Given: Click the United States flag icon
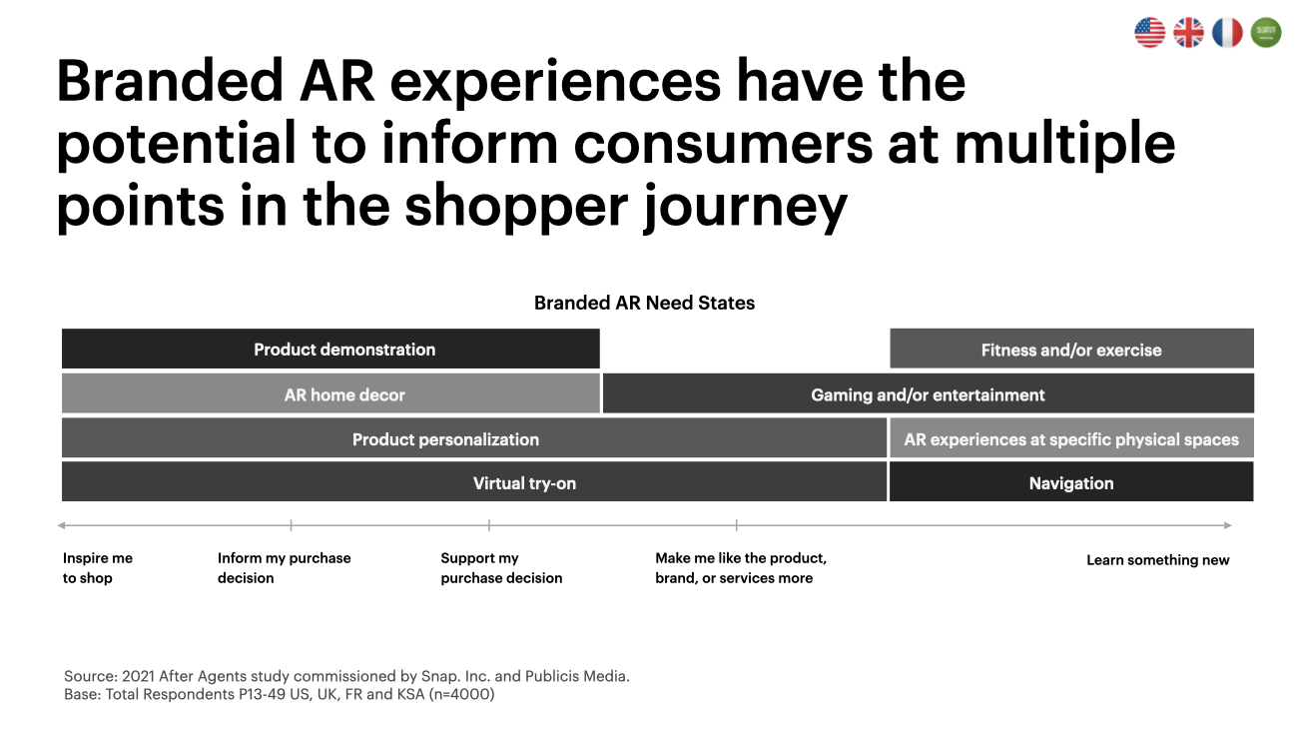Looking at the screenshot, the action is (x=1149, y=32).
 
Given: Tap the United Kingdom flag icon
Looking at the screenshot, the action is (x=1188, y=32).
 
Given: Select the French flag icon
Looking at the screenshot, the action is (x=1227, y=32).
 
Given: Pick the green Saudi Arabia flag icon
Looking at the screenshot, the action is (x=1266, y=32).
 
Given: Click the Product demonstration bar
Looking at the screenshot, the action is (x=330, y=349).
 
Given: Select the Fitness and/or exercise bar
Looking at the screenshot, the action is (x=1072, y=349).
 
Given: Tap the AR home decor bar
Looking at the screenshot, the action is (x=330, y=393).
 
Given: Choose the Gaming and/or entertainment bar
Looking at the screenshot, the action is (x=929, y=393).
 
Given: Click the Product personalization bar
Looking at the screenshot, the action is (x=474, y=438).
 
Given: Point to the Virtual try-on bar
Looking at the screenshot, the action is (x=474, y=482).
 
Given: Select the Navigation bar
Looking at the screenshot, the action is (x=1072, y=482).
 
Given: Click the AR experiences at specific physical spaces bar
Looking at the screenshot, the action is (x=1072, y=438).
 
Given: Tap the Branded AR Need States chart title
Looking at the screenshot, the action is (x=644, y=303).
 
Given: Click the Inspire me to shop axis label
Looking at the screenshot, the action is (x=98, y=568).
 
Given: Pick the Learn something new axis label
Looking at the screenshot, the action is (x=1158, y=560).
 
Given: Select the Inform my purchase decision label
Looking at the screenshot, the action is (x=284, y=568).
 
